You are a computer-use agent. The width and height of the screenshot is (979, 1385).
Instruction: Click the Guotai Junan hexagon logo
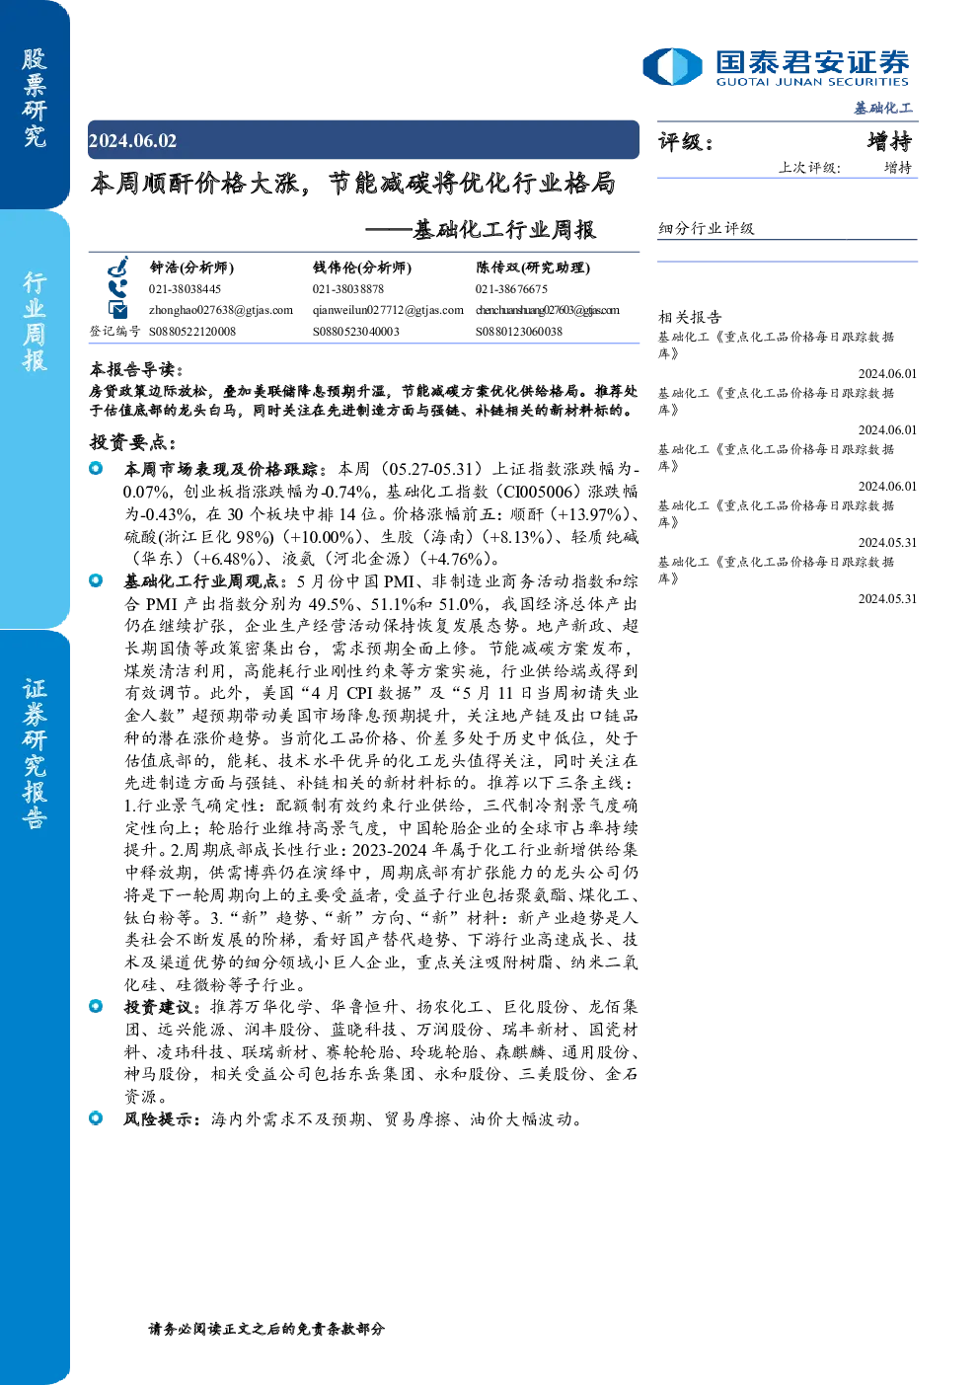(x=672, y=66)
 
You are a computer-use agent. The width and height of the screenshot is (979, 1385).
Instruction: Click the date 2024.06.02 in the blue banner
(x=132, y=141)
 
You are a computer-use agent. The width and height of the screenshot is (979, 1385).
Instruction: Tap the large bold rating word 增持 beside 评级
(x=889, y=142)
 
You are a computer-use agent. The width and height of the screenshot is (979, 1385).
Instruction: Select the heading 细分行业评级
(x=706, y=228)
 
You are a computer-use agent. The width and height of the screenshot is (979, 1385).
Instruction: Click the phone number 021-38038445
(x=185, y=289)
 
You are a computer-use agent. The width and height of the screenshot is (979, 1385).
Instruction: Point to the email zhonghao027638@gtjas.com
(x=221, y=310)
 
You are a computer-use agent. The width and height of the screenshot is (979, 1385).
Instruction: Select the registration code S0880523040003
(x=356, y=332)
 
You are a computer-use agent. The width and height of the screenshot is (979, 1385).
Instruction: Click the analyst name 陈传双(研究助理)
(x=533, y=268)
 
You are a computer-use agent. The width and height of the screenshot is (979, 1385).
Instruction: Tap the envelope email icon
(x=117, y=309)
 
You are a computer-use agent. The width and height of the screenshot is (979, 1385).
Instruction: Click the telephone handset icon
(x=117, y=289)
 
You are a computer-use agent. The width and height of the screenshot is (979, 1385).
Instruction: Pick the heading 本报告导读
(x=136, y=369)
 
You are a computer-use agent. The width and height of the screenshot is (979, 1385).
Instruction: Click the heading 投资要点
(x=133, y=442)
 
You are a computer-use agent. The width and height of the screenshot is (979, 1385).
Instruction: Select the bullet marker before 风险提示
(x=96, y=1117)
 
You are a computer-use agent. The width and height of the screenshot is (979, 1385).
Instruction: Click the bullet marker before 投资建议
(x=96, y=1006)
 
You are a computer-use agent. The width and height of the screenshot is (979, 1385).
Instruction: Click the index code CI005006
(x=538, y=492)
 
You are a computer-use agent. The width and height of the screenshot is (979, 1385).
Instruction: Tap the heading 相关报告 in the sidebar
(x=690, y=317)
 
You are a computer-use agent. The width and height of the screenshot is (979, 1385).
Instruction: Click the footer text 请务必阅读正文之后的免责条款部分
(x=266, y=1328)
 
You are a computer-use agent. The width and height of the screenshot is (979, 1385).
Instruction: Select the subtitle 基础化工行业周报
(x=504, y=230)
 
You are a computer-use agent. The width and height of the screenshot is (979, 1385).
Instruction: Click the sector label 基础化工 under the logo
(x=883, y=109)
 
